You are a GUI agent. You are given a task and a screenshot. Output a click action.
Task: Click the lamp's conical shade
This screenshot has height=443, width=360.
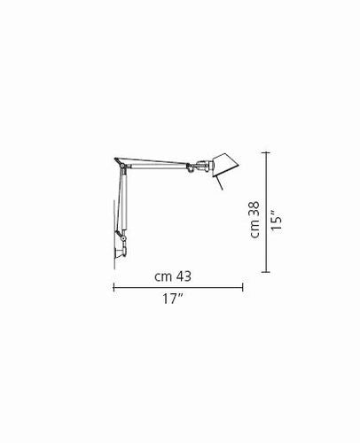click(225, 165)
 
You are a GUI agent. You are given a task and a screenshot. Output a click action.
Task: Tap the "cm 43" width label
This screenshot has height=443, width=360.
click(173, 276)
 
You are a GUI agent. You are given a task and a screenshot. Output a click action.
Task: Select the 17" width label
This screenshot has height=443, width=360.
click(173, 299)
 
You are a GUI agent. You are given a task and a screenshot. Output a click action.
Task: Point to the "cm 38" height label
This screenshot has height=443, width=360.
click(254, 220)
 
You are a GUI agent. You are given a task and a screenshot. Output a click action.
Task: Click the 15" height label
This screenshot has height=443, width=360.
click(277, 221)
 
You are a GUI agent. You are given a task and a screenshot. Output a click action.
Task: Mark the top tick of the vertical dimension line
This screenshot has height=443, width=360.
click(266, 152)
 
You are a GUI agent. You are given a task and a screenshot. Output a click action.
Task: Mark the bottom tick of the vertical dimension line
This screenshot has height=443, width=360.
click(266, 272)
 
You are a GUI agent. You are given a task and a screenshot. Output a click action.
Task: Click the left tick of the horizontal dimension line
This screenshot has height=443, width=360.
click(113, 287)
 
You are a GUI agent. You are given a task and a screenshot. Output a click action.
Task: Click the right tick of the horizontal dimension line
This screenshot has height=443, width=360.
click(243, 287)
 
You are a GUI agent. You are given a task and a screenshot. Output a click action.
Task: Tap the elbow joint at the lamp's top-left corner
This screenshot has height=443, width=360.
click(121, 164)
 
